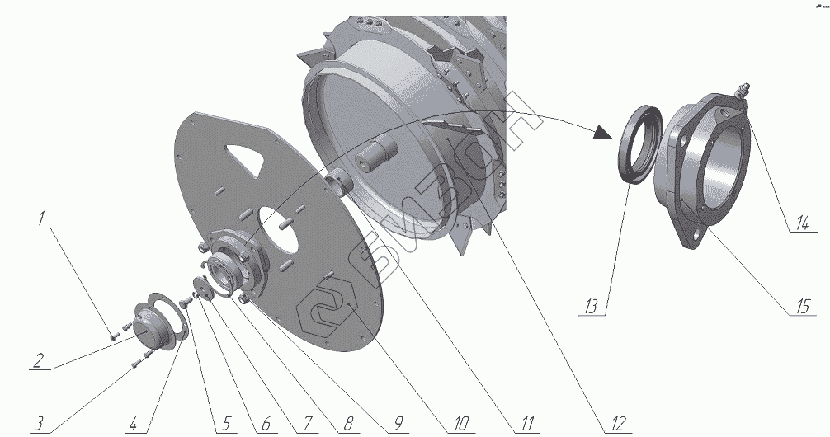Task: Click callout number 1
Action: click(x=40, y=219)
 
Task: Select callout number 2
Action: click(x=38, y=361)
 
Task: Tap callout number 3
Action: click(x=39, y=424)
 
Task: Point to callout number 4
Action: click(x=134, y=424)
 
